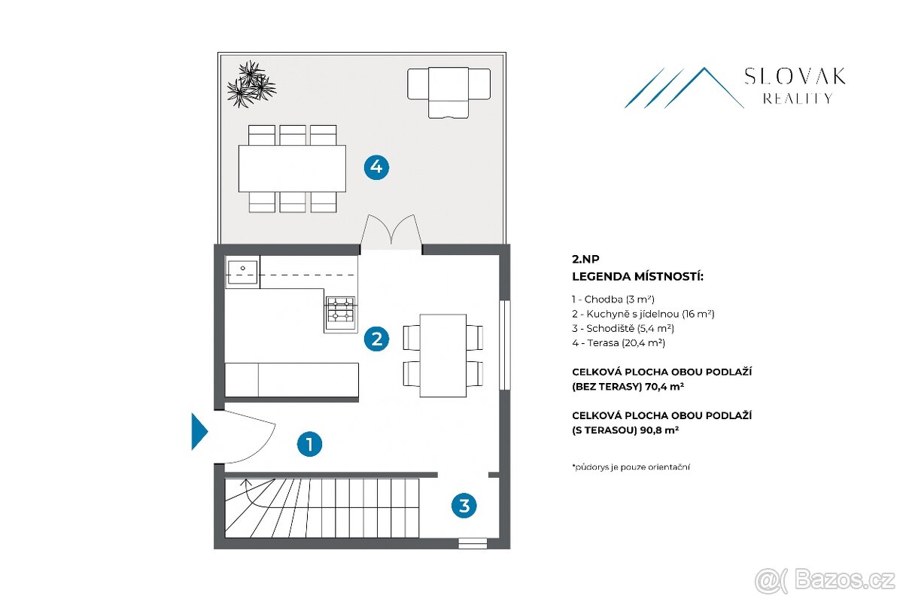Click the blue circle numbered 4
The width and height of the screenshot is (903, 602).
point(376,167)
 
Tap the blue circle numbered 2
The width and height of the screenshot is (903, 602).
point(376,339)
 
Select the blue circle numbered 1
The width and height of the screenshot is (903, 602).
point(309,444)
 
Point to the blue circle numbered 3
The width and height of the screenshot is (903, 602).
point(464,506)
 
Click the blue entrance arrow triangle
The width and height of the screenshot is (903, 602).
point(199,431)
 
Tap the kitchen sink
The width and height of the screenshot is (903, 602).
point(242,272)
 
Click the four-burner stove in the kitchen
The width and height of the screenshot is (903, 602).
point(341,315)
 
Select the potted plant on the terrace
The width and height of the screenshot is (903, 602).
point(251,84)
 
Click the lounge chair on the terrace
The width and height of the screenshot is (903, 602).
point(448,93)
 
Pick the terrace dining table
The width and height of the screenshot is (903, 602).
point(292,169)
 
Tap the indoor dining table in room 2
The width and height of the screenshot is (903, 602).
point(443,356)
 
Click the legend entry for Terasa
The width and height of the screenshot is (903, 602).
point(619,342)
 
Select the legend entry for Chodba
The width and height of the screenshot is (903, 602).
point(613,299)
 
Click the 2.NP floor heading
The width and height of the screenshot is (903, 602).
point(585,259)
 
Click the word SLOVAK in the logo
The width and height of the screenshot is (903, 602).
point(795,76)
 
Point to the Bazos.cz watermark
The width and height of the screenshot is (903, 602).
point(825,580)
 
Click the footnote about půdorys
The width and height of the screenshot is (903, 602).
point(631,467)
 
